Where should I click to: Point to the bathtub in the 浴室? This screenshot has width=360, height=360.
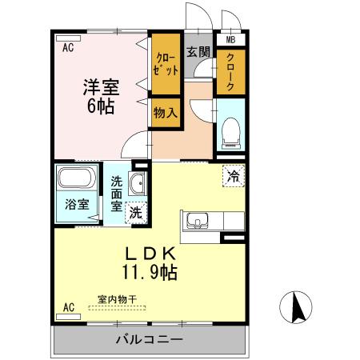click(77, 179)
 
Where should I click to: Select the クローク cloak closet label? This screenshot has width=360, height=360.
click(230, 70)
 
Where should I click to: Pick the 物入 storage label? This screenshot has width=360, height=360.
click(166, 113)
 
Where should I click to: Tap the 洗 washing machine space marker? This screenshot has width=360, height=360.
click(136, 213)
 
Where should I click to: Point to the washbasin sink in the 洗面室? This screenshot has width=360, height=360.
click(138, 183)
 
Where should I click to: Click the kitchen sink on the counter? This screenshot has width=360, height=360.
click(198, 220)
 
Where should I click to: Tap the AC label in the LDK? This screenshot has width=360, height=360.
click(68, 306)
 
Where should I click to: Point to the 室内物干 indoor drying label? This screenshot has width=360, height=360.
click(118, 300)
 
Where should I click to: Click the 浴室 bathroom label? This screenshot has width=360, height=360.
click(77, 204)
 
